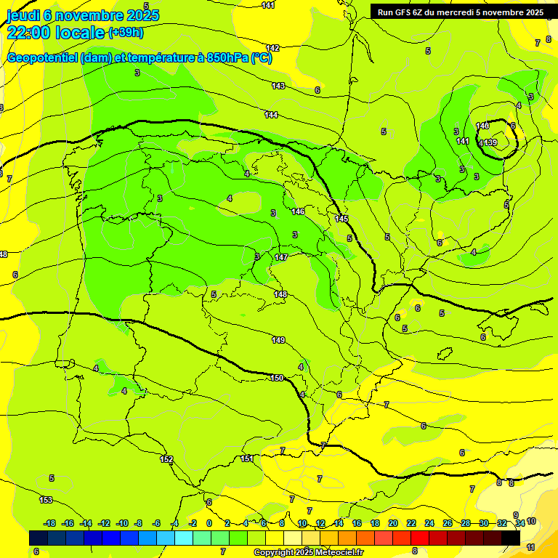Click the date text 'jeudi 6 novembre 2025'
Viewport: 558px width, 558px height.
pyautogui.click(x=82, y=15)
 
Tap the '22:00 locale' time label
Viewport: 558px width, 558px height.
pyautogui.click(x=54, y=32)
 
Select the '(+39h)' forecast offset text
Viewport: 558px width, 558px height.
pyautogui.click(x=126, y=32)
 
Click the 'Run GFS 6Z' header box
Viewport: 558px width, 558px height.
pyautogui.click(x=461, y=12)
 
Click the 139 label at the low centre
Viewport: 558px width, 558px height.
pyautogui.click(x=490, y=142)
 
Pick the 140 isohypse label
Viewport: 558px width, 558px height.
pyautogui.click(x=482, y=126)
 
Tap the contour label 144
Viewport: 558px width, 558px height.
pyautogui.click(x=271, y=115)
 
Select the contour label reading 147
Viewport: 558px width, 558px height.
pyautogui.click(x=282, y=257)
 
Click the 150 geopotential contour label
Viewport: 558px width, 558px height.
pyautogui.click(x=277, y=378)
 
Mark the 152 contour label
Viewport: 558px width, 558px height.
pyautogui.click(x=166, y=459)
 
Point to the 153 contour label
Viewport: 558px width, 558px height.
pyautogui.click(x=46, y=500)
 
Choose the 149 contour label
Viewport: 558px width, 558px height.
pyautogui.click(x=278, y=340)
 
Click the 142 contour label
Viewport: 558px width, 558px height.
pyautogui.click(x=273, y=48)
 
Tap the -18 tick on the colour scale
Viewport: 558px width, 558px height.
pyautogui.click(x=50, y=523)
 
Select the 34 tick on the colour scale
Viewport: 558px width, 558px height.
pyautogui.click(x=520, y=523)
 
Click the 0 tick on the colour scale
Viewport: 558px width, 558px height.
pyautogui.click(x=209, y=523)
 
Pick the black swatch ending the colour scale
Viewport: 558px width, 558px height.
pyautogui.click(x=511, y=538)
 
